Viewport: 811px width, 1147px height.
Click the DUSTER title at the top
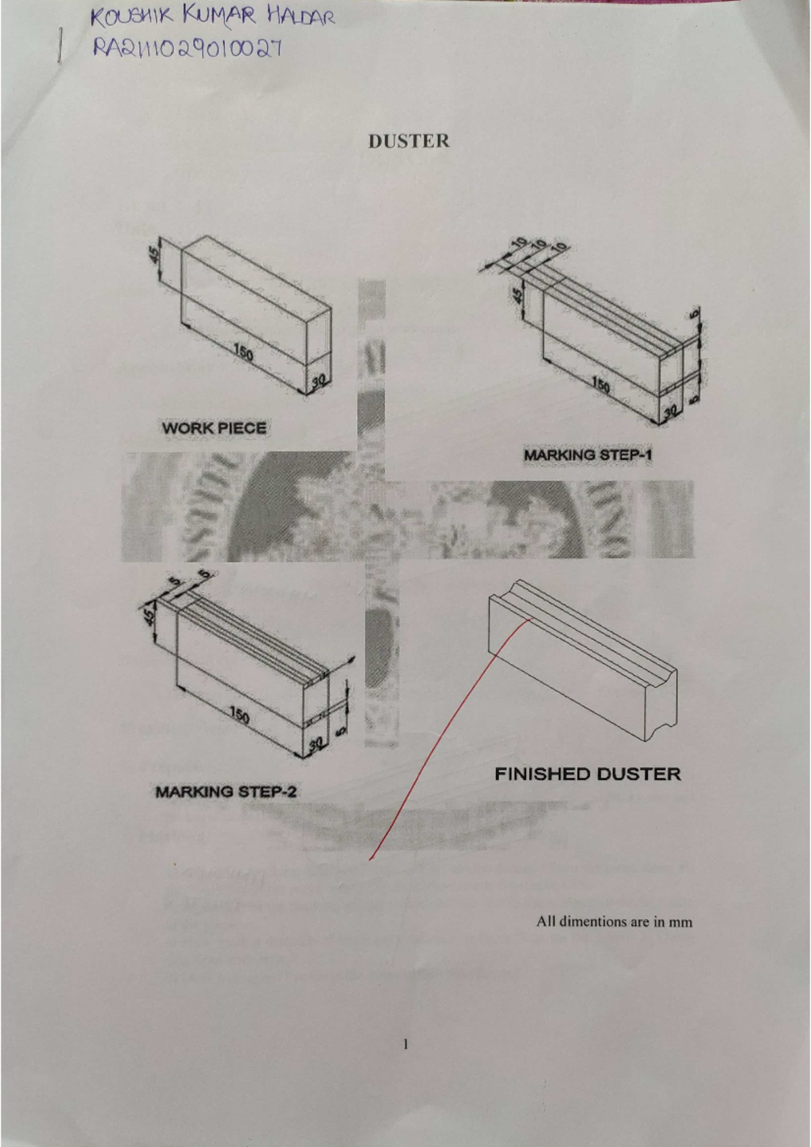408,141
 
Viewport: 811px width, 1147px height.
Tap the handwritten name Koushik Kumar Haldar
213,17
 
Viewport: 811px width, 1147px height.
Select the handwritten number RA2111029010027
187,49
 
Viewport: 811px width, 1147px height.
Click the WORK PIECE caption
214,428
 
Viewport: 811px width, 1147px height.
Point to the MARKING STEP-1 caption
587,455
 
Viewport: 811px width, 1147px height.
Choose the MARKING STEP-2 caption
226,791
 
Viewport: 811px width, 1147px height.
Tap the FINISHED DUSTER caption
587,773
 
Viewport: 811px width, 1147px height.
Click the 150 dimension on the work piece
243,352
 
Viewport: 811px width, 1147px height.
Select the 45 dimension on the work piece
154,255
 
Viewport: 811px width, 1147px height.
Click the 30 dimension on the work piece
318,382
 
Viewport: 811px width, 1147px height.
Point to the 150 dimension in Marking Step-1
600,386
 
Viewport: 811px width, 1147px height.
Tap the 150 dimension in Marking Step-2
239,713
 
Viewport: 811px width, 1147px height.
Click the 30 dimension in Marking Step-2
315,743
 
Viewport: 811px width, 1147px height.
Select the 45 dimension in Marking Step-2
149,616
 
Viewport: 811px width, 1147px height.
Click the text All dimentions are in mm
614,921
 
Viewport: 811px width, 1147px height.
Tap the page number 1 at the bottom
405,1044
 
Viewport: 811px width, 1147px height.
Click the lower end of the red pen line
371,859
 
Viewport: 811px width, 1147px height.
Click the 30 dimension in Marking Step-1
669,412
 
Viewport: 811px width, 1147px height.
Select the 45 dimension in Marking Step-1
518,295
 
